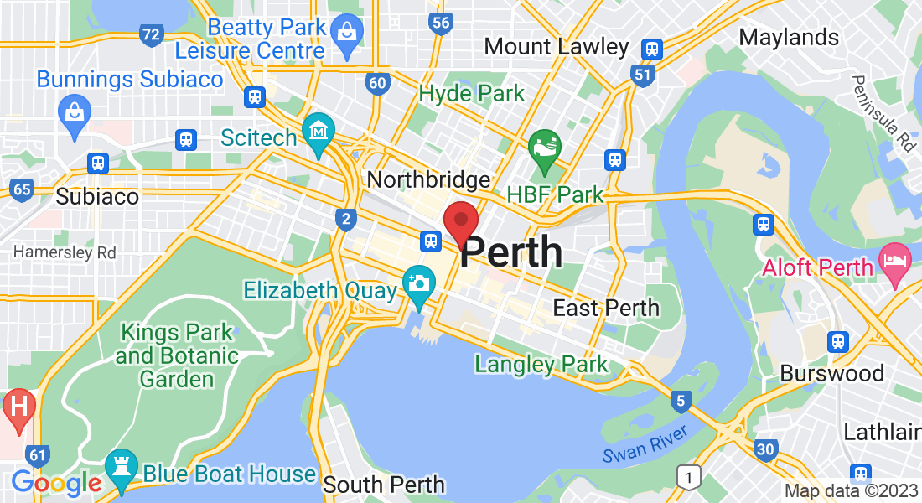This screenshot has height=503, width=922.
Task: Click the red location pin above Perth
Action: coord(460,220)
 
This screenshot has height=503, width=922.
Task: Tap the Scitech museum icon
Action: coord(319,132)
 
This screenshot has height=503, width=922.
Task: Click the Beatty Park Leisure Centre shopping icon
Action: coord(344,34)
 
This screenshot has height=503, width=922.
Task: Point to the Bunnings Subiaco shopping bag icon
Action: coord(74,110)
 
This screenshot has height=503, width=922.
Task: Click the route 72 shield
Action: coord(151,35)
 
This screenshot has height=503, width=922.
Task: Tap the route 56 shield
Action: coord(441,23)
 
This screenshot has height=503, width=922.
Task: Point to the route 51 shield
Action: coord(643,75)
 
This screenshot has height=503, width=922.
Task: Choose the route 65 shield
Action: coord(22,189)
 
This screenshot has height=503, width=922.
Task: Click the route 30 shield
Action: coord(764,449)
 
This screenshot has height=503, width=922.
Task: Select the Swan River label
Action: coord(645,441)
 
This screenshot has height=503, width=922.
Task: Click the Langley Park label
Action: coord(541,365)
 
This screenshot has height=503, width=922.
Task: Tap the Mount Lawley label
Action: coord(557,46)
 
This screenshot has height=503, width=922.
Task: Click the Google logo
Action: coord(56,483)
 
